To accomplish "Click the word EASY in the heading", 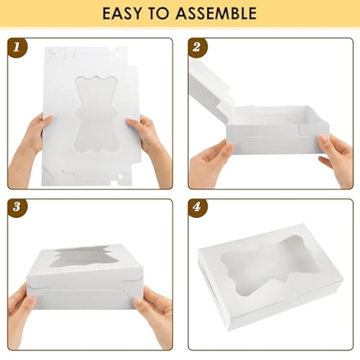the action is pos(122,13).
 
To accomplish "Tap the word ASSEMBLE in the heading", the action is pos(216,13).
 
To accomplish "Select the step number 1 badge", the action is pos(17,48).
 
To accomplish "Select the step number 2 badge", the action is pos(197,48).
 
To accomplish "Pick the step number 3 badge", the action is pos(17,207).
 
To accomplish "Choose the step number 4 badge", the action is pos(197,207).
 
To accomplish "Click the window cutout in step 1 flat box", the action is pos(97,114).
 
